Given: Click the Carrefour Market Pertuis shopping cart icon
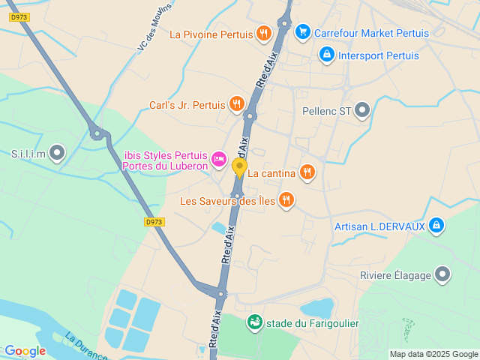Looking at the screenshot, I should pos(302,31).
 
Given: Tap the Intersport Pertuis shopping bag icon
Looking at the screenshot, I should pos(326,55).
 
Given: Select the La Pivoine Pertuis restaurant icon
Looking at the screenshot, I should pos(263,33).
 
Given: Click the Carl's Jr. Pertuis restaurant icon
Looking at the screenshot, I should pos(237,104).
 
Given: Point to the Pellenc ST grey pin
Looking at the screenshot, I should pos(363,111).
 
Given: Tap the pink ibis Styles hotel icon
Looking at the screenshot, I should pos(219,157).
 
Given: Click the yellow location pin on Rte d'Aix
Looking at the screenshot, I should pos(239,168).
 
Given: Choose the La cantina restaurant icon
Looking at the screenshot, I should pos(306,172).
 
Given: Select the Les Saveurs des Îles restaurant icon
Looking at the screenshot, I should pos(286,199).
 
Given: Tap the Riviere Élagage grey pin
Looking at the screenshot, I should pos(443,274).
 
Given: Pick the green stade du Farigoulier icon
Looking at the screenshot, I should pos(255,322).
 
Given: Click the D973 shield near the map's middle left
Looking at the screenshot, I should pos(153,222).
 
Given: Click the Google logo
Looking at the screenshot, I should pos(25,350).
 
